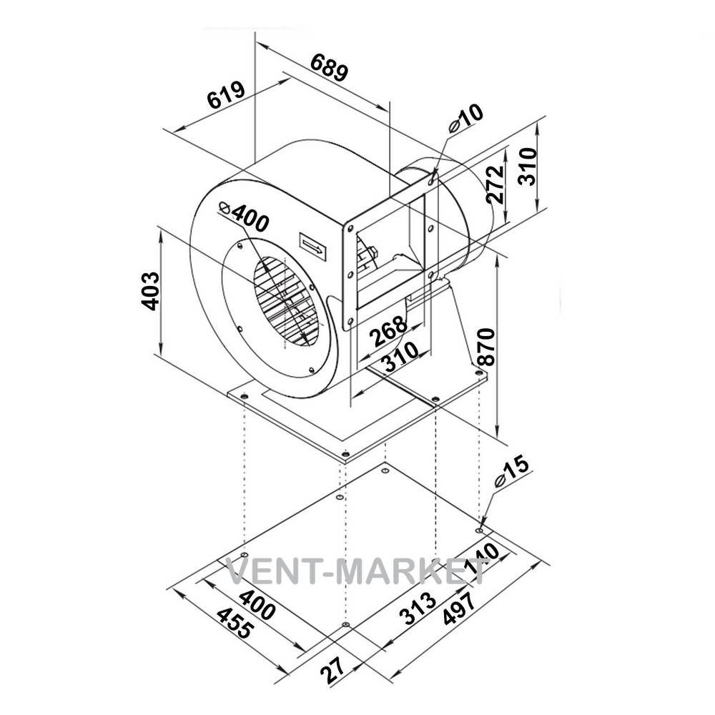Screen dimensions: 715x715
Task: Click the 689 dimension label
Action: click(330, 67)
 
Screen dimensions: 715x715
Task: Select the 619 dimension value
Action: click(226, 95)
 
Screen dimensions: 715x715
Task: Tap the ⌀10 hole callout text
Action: click(465, 119)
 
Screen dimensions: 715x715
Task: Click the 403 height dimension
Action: click(150, 291)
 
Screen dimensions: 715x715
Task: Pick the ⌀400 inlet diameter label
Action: click(244, 216)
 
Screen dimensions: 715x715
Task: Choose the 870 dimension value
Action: click(485, 347)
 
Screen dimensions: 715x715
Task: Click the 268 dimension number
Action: click(388, 330)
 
